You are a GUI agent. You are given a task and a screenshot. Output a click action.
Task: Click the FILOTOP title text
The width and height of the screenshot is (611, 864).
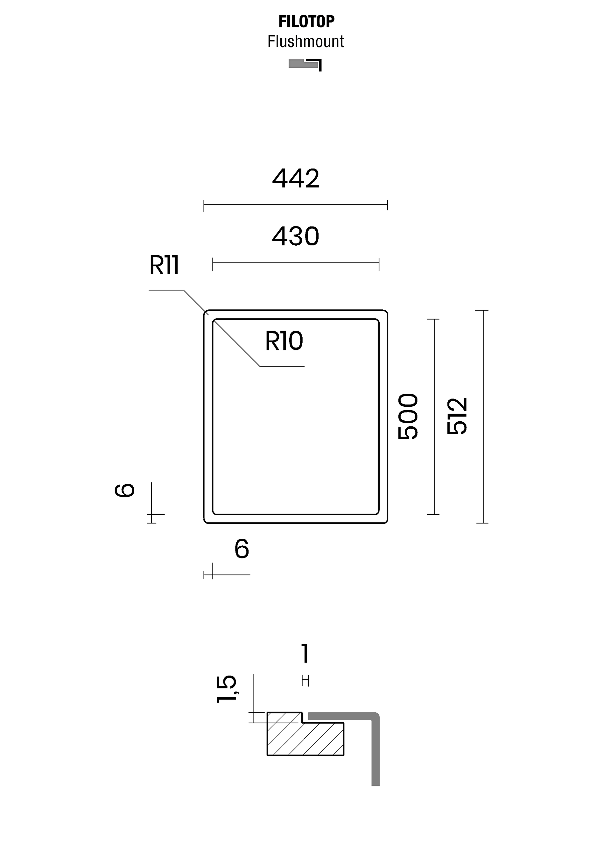click(306, 22)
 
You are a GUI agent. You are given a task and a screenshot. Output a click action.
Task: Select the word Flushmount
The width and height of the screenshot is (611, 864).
click(305, 41)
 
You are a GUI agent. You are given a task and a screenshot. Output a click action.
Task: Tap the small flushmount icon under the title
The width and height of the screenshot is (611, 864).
click(305, 65)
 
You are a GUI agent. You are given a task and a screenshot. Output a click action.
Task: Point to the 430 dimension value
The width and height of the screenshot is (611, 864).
click(295, 236)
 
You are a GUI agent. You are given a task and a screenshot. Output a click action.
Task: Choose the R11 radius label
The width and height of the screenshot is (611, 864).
click(164, 265)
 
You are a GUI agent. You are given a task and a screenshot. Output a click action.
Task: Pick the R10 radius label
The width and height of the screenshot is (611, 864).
click(284, 341)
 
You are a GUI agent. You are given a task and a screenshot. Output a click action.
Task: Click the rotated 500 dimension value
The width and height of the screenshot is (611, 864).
click(408, 416)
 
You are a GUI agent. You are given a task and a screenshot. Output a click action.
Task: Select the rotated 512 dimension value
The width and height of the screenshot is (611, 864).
click(457, 416)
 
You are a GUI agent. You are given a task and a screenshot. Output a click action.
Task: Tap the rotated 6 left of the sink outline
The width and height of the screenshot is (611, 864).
click(124, 490)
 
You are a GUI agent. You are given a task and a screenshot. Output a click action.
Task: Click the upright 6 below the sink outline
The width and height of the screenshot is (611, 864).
click(242, 549)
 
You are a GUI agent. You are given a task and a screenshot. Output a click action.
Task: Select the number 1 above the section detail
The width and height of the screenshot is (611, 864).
click(305, 653)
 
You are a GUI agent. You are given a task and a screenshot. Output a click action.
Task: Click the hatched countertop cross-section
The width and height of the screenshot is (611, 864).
click(305, 740)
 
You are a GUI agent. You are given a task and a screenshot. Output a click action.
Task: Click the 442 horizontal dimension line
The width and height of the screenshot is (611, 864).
click(295, 205)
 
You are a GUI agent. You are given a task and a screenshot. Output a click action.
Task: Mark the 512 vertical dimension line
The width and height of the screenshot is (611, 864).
click(483, 416)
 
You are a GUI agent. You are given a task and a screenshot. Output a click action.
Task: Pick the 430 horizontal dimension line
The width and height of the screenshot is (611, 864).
click(295, 262)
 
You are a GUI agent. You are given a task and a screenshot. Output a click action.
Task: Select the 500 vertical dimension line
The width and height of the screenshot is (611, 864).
click(435, 416)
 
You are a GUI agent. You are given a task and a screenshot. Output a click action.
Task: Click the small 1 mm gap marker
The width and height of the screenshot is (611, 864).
click(305, 680)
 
